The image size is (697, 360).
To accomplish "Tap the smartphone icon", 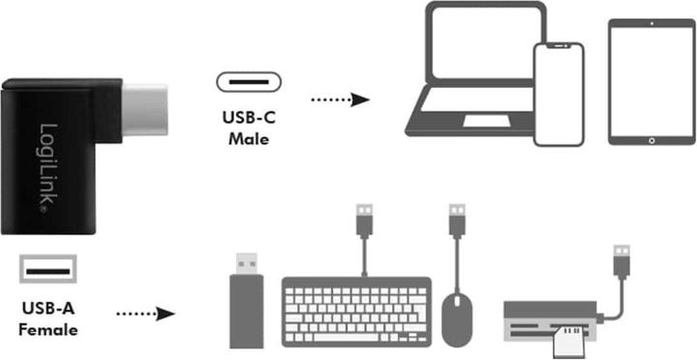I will pos(559,95).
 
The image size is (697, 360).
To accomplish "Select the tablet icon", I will pos(651,82).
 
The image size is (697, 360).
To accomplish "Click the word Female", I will pos(47,329).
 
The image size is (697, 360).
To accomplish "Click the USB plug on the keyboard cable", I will pos(365,219).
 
